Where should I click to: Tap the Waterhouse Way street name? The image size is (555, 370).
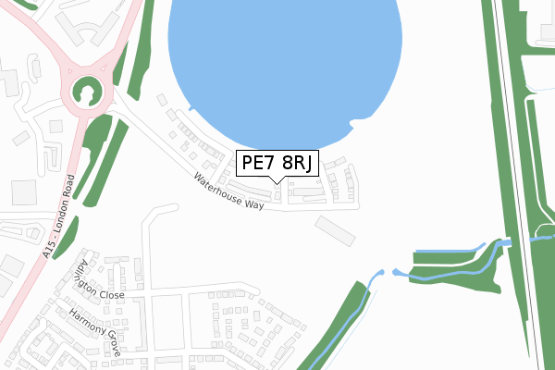coord(229,191)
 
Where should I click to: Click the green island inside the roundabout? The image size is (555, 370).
coord(88,92)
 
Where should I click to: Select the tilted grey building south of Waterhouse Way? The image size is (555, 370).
coord(335,231)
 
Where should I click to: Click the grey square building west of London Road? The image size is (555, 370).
coord(23,192)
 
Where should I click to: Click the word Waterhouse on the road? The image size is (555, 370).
coord(221,188)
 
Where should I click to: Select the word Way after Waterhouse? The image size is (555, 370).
coord(255,203)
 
